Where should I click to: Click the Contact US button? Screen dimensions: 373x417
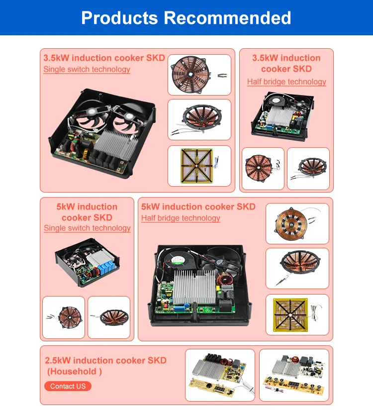68,386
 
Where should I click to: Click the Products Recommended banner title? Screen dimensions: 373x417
186,18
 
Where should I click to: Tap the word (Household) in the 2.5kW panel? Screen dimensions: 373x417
75,372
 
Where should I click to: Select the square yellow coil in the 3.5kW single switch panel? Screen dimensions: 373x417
197,166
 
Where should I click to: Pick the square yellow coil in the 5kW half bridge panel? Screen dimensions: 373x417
290,315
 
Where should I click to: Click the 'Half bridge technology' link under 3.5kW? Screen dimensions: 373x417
286,82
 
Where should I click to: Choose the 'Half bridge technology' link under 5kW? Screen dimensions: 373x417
181,218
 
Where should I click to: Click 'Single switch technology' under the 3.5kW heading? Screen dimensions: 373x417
87,69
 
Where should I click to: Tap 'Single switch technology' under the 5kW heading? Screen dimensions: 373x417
87,228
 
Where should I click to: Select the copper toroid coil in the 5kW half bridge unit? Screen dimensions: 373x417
224,281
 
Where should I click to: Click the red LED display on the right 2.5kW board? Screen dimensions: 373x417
294,384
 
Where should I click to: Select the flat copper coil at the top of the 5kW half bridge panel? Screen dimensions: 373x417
291,224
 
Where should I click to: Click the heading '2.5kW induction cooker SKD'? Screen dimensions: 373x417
105,360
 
